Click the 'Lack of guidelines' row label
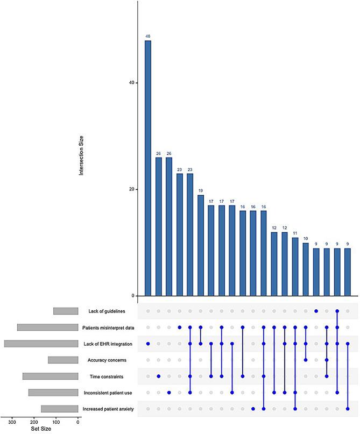tap(107, 311)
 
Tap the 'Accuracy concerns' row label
tap(108, 360)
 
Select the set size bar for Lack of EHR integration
tap(41, 344)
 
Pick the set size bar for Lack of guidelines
tap(66, 311)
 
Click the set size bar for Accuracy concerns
tap(63, 360)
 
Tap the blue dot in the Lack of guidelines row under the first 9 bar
tap(316, 311)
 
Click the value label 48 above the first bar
tap(147, 36)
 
